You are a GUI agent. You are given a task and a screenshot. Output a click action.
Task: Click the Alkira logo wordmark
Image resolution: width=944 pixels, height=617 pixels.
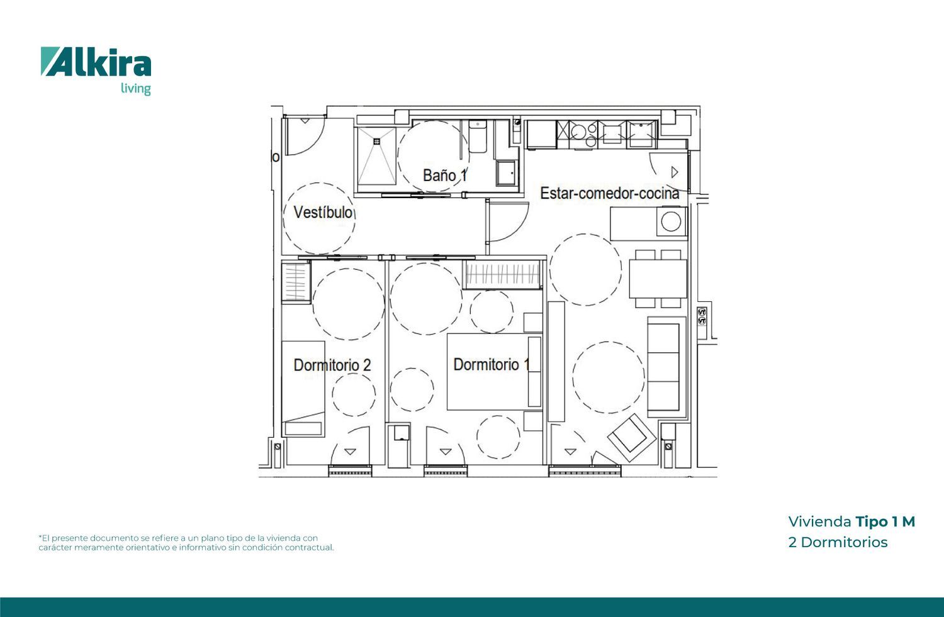(96, 62)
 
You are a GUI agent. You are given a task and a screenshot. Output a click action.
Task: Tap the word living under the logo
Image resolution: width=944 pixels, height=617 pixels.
(135, 89)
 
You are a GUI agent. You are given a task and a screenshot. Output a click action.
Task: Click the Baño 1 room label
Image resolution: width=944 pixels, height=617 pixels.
(445, 175)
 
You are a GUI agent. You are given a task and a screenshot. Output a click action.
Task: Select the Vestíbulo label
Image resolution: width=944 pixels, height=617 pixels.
(323, 212)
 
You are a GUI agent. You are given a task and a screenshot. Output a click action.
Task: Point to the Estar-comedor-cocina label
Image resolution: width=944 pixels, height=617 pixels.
(609, 193)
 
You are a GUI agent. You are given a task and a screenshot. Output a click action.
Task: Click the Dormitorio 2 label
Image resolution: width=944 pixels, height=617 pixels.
(332, 365)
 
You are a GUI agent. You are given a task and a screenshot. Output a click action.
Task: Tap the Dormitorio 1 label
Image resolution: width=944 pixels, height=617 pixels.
(491, 365)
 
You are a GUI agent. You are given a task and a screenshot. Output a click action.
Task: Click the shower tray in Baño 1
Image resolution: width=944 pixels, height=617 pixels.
(377, 156)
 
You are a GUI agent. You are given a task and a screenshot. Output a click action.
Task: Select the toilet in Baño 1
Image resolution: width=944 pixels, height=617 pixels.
(478, 136)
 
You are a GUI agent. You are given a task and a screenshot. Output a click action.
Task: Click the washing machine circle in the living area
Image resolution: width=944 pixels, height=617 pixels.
(671, 221)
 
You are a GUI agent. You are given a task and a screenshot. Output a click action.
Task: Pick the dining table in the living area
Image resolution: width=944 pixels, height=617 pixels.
(658, 279)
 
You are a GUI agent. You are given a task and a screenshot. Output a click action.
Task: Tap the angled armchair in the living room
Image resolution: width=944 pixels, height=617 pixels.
(632, 438)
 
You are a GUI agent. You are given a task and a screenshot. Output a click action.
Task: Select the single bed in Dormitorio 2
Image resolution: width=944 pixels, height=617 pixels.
(303, 389)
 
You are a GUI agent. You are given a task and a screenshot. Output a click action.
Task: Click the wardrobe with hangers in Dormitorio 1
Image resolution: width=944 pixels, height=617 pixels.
(502, 275)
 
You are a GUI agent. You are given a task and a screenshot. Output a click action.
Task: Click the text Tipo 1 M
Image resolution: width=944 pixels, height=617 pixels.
(885, 521)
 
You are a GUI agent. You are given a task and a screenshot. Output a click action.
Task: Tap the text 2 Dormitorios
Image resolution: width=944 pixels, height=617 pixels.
(838, 542)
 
